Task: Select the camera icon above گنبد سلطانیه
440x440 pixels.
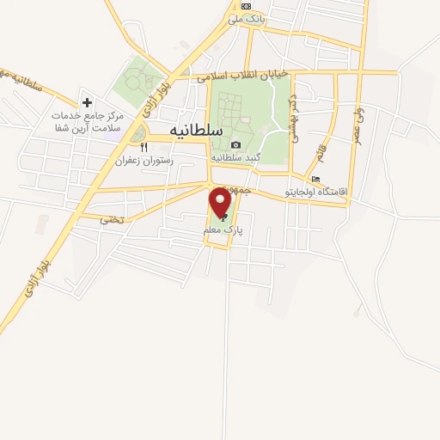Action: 235,144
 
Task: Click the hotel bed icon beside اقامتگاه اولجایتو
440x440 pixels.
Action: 315,180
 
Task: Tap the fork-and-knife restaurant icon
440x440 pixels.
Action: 144,147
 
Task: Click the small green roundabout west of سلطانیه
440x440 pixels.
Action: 139,135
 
